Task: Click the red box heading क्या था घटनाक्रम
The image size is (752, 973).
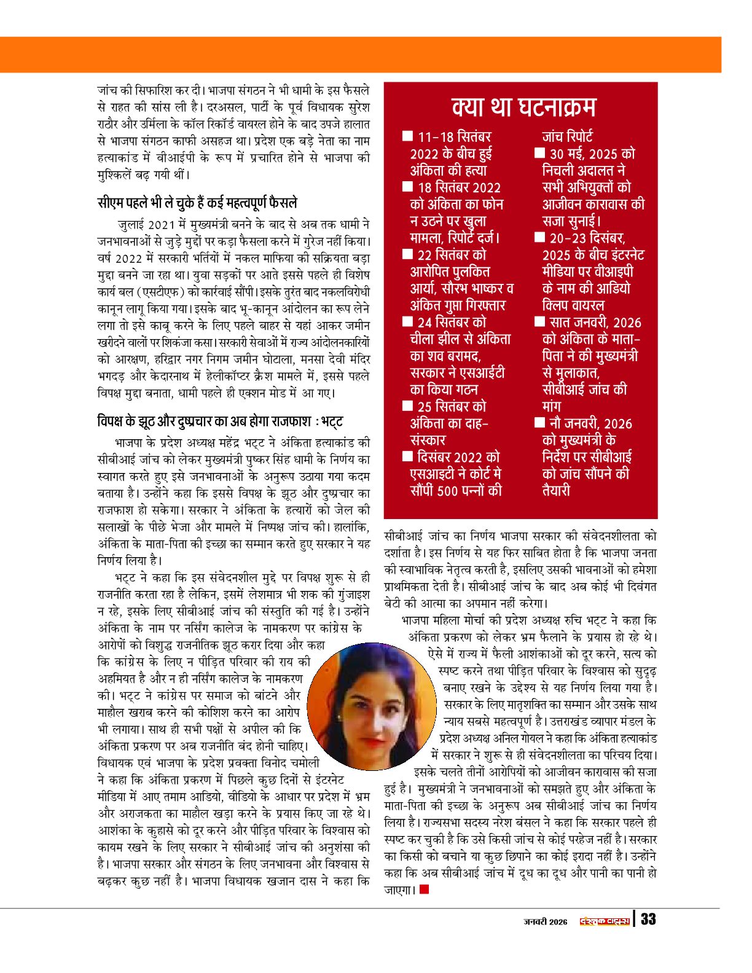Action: [x=523, y=107]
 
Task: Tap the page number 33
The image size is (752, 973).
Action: [x=648, y=920]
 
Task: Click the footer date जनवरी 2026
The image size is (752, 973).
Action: [x=546, y=921]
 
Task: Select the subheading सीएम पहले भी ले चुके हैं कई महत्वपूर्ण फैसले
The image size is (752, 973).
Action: [x=198, y=203]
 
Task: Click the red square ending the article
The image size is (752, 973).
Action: [x=424, y=889]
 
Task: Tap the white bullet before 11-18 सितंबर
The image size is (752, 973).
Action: [x=407, y=136]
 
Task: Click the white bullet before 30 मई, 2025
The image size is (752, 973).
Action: [x=539, y=153]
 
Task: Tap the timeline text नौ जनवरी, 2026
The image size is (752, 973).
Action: [x=590, y=423]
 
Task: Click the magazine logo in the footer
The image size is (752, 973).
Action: [x=605, y=920]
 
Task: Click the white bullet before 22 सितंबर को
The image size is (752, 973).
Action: [x=407, y=254]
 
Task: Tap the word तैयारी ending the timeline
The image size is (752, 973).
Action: [x=556, y=490]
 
